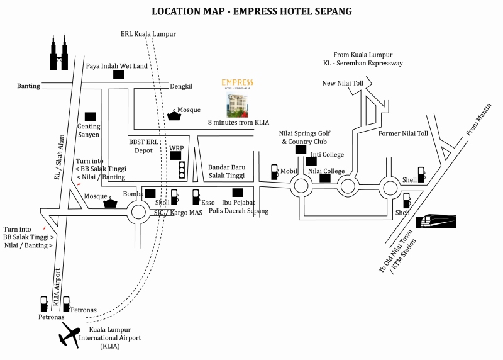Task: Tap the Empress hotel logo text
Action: point(238,82)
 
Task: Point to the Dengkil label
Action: point(184,86)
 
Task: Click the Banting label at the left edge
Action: point(28,86)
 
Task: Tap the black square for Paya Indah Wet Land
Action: point(119,74)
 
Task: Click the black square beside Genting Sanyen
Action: point(90,116)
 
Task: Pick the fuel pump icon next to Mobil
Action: point(274,171)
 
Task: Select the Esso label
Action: point(208,203)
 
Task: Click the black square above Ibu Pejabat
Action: point(238,193)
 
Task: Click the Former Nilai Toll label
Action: point(403,134)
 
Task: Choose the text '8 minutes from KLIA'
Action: point(238,123)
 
